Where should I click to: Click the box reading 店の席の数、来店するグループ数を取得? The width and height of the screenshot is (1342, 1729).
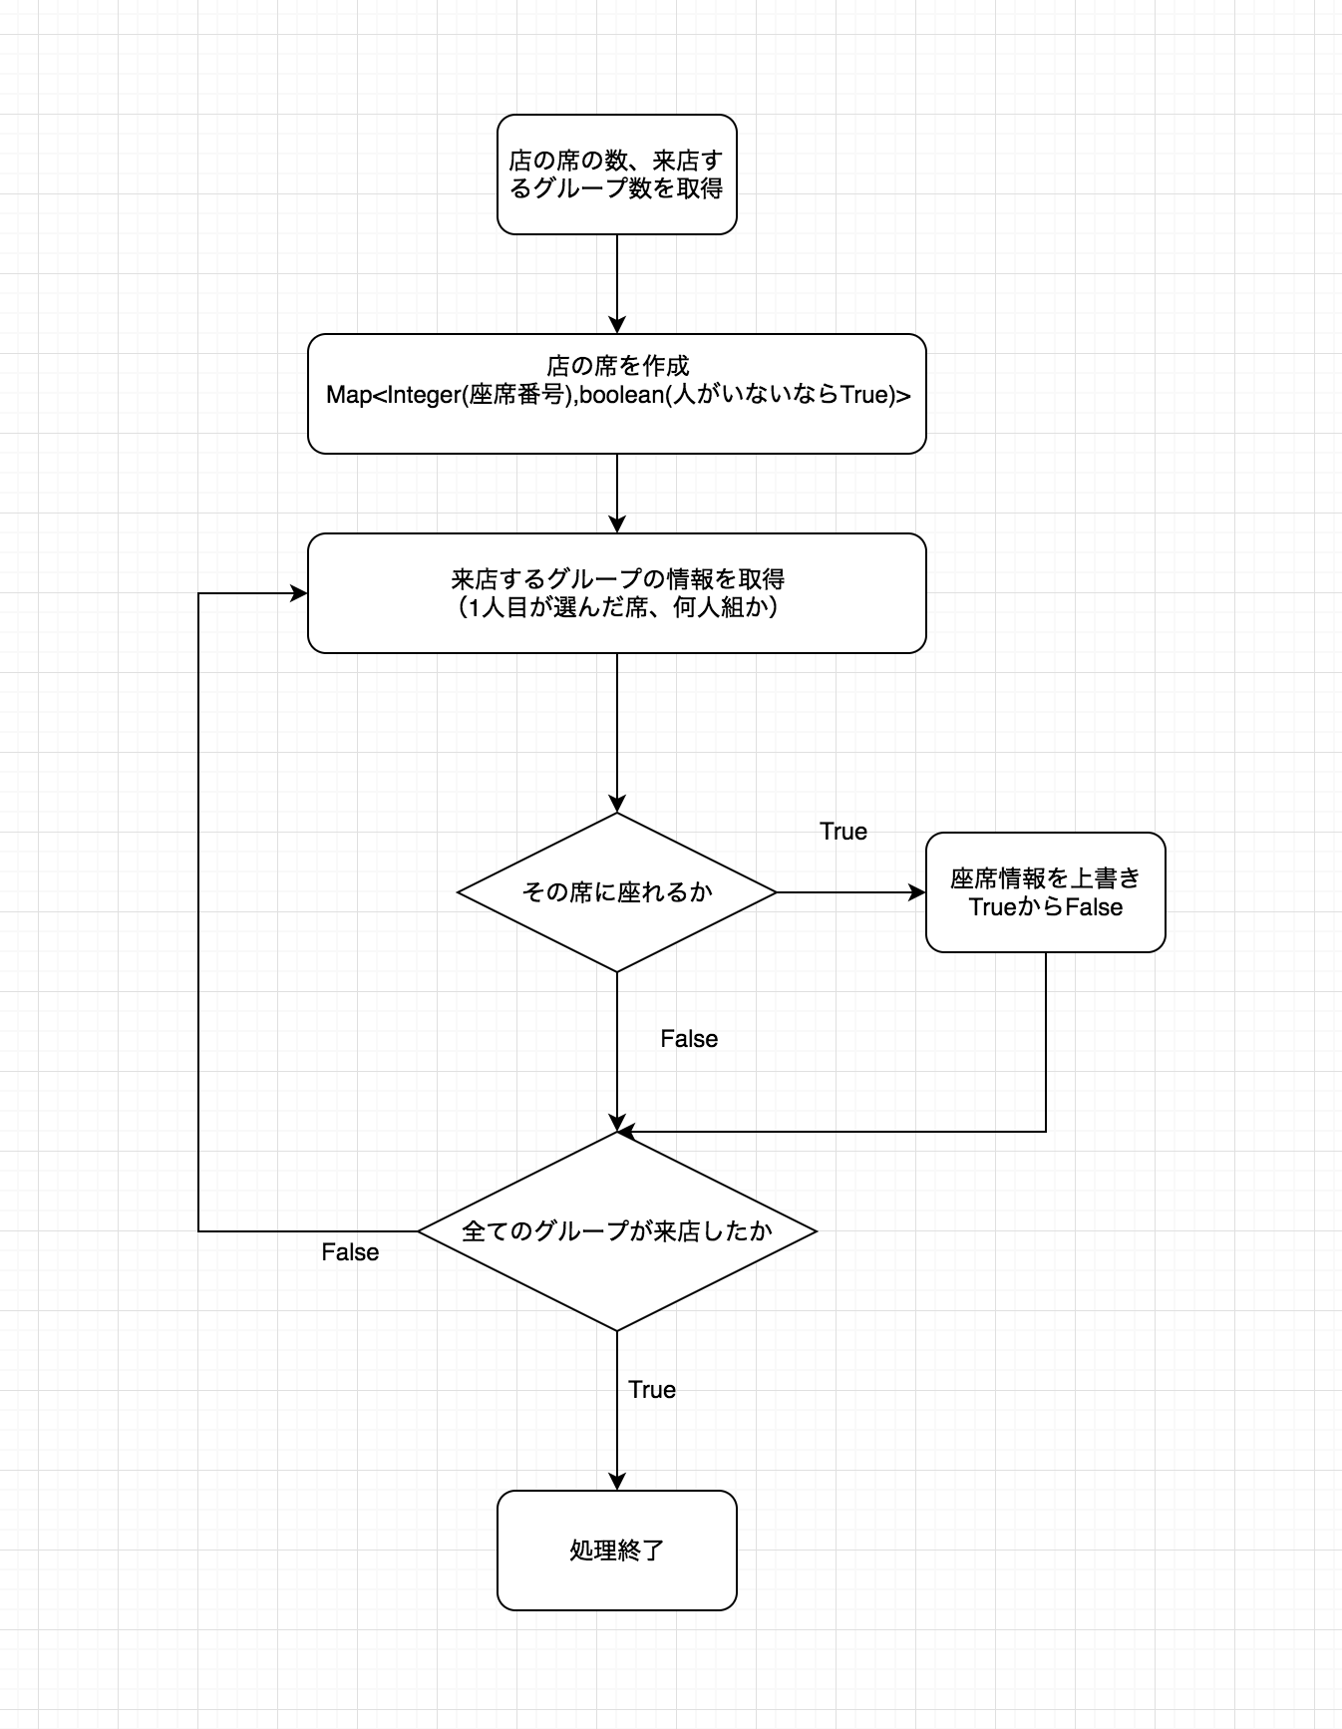(x=616, y=174)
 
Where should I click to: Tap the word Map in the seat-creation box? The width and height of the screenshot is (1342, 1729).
(x=348, y=395)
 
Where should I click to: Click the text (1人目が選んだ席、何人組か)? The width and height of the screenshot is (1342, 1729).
(x=616, y=607)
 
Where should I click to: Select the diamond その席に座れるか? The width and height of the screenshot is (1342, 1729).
(x=616, y=891)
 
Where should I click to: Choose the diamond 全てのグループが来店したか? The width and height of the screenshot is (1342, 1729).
(x=616, y=1230)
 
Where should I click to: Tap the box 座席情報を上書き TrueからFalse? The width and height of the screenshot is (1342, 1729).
(x=1045, y=891)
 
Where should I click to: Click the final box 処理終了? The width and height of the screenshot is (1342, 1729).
(x=616, y=1550)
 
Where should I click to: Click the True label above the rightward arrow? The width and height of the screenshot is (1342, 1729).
(x=842, y=832)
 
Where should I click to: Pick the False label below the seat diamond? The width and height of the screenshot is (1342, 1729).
(x=688, y=1039)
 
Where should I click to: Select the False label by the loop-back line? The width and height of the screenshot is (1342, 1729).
(x=350, y=1252)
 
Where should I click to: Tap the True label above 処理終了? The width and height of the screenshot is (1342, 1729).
(x=652, y=1390)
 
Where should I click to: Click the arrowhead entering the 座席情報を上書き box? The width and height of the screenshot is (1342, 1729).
(x=917, y=892)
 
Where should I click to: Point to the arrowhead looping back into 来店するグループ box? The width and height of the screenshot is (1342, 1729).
(x=298, y=593)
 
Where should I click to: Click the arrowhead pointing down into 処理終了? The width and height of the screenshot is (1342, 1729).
(x=617, y=1481)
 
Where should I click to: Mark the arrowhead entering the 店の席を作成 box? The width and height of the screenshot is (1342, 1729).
(x=617, y=324)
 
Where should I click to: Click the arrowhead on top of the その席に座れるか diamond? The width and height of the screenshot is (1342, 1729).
(x=617, y=804)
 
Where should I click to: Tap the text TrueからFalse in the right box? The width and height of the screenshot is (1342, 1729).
(x=1045, y=907)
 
